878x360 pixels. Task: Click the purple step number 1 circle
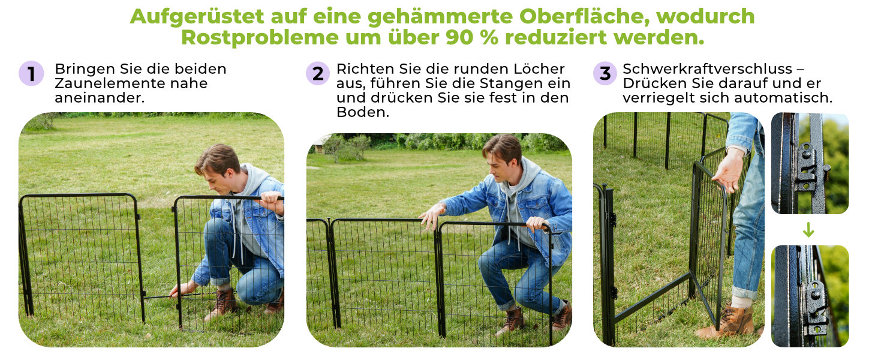click(x=31, y=73)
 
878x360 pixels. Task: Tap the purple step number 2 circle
click(x=318, y=73)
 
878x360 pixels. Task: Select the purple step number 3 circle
click(x=605, y=73)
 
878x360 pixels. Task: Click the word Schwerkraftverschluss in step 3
click(x=708, y=69)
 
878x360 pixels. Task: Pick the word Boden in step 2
click(x=363, y=113)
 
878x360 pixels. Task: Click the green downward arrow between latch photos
click(x=808, y=230)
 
